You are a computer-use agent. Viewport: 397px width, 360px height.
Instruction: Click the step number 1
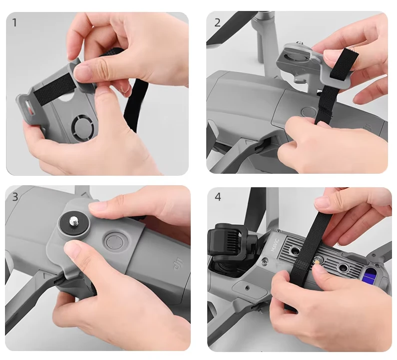[14, 22]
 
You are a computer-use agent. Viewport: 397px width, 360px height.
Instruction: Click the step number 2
[217, 23]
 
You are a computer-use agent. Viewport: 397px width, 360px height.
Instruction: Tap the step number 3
[15, 197]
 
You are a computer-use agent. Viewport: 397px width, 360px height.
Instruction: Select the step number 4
[218, 197]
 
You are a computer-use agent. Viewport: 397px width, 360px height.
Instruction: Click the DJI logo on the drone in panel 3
[178, 264]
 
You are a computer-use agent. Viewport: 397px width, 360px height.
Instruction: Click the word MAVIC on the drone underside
[275, 245]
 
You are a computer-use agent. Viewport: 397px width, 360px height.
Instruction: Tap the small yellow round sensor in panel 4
[316, 261]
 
